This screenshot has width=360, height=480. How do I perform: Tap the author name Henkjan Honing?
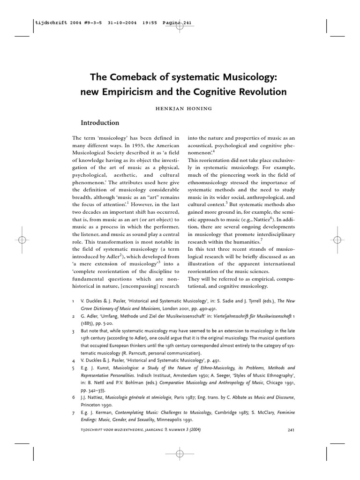180,108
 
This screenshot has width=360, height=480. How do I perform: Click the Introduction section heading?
100,123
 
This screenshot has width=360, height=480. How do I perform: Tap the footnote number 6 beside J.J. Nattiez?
74,397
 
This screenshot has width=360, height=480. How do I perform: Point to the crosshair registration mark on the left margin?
22,239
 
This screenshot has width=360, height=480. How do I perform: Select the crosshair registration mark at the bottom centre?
180,453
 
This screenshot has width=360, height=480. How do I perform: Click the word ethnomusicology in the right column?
214,182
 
